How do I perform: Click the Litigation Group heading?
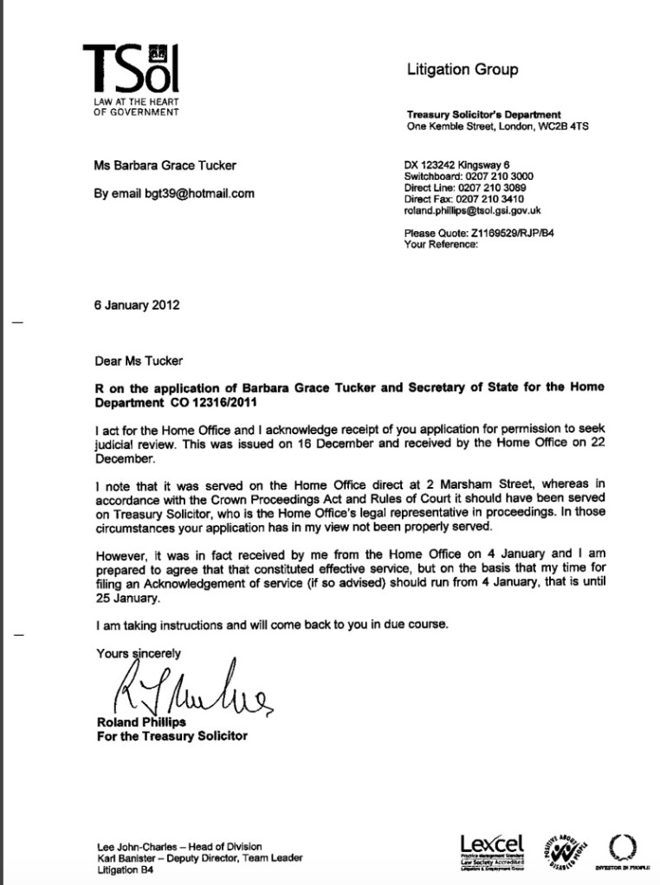[x=463, y=70]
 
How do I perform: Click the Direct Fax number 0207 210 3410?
[x=503, y=199]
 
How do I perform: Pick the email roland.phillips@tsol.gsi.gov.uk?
[x=473, y=210]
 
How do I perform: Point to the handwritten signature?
[x=191, y=689]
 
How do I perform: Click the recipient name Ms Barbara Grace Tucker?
[x=165, y=165]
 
